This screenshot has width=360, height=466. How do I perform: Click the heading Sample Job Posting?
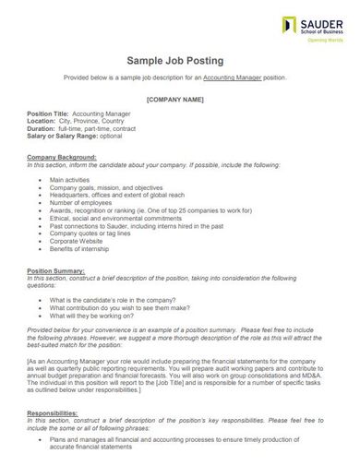179,61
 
